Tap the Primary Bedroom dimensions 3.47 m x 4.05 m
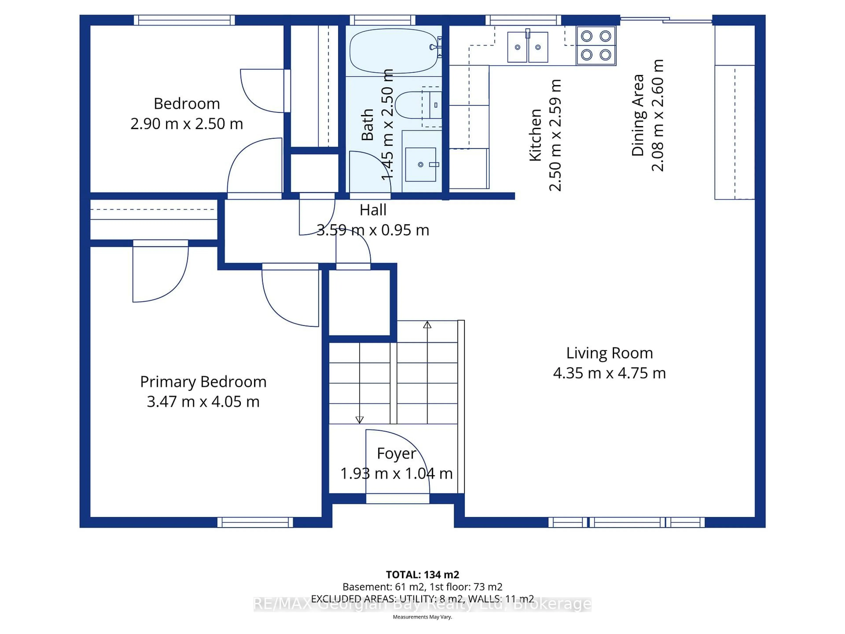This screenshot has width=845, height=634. (x=203, y=402)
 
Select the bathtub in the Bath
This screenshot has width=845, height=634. (x=393, y=51)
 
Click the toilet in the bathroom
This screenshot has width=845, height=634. (x=415, y=105)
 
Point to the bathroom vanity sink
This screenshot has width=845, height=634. (x=421, y=164)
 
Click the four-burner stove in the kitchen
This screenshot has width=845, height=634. (x=596, y=46)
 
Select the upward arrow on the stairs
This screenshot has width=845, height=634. (x=427, y=325)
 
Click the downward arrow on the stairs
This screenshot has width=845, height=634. (x=360, y=419)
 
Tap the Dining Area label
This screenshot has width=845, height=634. (x=637, y=115)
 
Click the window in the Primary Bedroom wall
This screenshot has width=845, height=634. (x=255, y=522)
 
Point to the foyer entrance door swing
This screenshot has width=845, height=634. (x=397, y=463)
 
